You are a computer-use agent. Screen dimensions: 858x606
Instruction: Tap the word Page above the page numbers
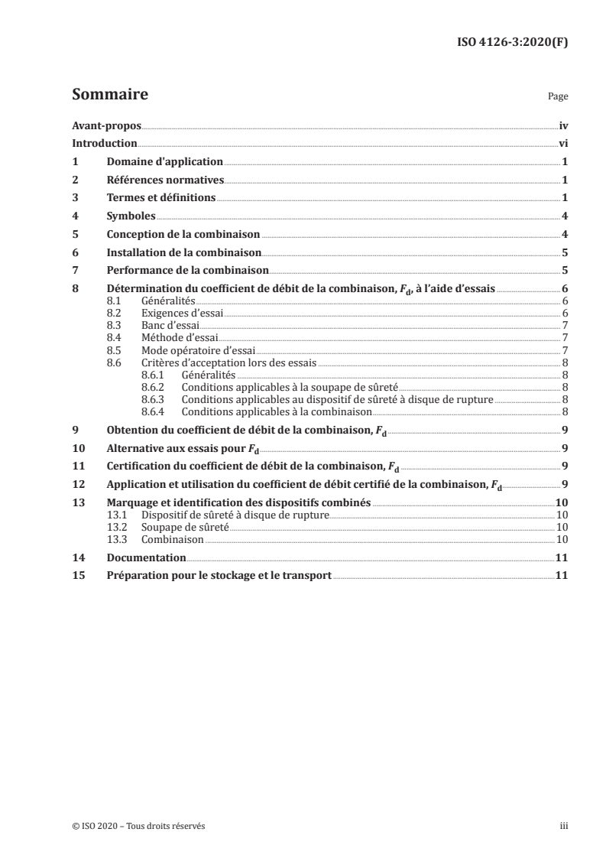click(x=558, y=98)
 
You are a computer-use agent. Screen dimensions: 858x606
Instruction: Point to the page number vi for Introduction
click(x=562, y=143)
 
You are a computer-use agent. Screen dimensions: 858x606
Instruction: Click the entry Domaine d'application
click(x=164, y=162)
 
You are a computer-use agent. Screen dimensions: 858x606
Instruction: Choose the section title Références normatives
click(x=165, y=180)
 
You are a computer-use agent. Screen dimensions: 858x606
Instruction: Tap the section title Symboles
click(x=131, y=216)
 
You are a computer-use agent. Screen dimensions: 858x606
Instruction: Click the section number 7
click(x=75, y=271)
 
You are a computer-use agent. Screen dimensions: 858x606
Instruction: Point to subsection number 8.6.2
click(x=155, y=388)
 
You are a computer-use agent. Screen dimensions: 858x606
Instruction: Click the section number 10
click(x=77, y=448)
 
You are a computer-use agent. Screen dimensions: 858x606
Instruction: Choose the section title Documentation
click(x=147, y=558)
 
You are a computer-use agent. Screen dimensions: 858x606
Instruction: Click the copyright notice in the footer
click(x=138, y=826)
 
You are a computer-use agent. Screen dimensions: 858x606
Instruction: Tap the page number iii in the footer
click(x=564, y=826)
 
